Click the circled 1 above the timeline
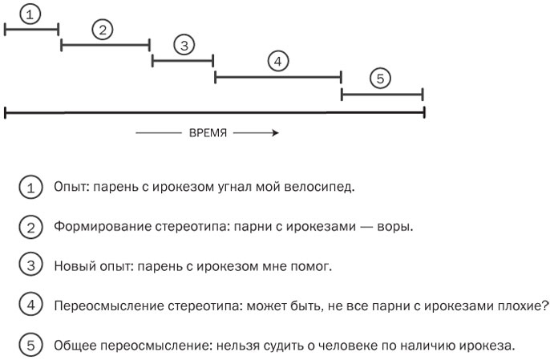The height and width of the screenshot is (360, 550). pyautogui.click(x=30, y=14)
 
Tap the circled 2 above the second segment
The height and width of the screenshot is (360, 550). pyautogui.click(x=103, y=30)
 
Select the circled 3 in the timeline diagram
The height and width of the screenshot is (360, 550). pyautogui.click(x=184, y=45)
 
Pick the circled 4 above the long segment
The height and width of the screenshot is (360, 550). pyautogui.click(x=277, y=62)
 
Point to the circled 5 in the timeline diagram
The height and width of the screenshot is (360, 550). pyautogui.click(x=380, y=78)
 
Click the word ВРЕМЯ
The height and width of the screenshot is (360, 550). pyautogui.click(x=208, y=133)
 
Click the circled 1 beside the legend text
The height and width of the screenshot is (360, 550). pyautogui.click(x=30, y=188)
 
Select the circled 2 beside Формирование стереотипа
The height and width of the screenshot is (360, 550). pyautogui.click(x=30, y=227)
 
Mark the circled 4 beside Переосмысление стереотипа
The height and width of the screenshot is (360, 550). pyautogui.click(x=30, y=305)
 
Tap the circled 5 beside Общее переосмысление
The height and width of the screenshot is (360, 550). pyautogui.click(x=30, y=346)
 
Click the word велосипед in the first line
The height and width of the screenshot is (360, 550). pyautogui.click(x=323, y=188)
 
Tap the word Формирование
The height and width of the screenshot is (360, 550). pyautogui.click(x=95, y=227)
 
